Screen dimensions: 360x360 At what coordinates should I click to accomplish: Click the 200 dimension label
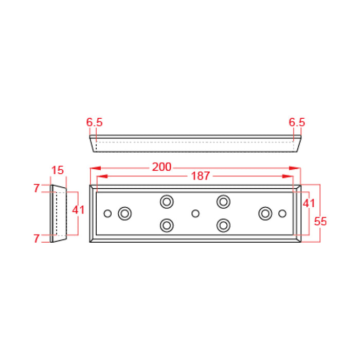click(x=162, y=168)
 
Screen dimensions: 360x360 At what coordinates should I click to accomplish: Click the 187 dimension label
click(x=200, y=176)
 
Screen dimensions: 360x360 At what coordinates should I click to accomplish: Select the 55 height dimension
click(x=320, y=222)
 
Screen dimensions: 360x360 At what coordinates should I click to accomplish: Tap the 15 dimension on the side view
click(x=58, y=170)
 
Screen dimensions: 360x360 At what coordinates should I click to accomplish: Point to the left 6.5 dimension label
click(x=95, y=122)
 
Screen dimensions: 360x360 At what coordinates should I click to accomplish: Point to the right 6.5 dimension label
click(x=297, y=122)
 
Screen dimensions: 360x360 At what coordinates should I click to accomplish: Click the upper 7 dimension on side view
click(x=37, y=188)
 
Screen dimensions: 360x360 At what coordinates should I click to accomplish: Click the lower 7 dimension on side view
click(x=37, y=239)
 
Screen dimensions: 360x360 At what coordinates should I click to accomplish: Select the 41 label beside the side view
click(x=78, y=210)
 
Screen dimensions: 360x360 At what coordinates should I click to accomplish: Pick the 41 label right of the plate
click(x=308, y=203)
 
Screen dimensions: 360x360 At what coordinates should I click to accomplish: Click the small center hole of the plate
click(x=195, y=213)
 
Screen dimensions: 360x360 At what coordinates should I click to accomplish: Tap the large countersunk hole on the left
click(x=125, y=213)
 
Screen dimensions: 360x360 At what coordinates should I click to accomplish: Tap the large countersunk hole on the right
click(x=265, y=213)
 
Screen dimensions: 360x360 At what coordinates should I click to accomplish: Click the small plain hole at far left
click(x=107, y=213)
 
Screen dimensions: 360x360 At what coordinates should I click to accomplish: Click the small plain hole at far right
click(x=282, y=213)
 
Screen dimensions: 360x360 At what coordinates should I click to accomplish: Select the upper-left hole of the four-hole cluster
click(x=166, y=201)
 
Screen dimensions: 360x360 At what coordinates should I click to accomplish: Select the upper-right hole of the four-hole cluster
click(x=223, y=201)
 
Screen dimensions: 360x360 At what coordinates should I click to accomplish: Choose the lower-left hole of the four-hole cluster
click(x=166, y=225)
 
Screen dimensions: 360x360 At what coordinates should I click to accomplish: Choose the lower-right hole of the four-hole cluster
click(x=223, y=225)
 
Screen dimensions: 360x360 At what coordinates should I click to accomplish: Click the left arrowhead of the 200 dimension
click(x=94, y=168)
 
